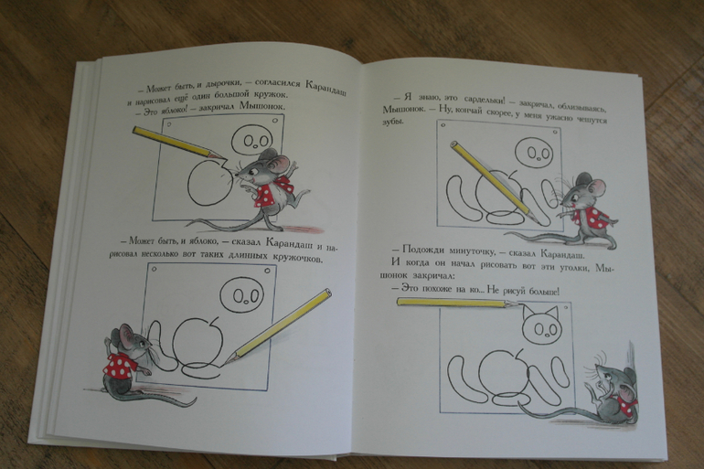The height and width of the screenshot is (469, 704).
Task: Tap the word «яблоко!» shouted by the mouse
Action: click(x=169, y=109)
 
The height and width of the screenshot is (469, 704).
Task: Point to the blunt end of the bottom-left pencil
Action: click(x=328, y=293)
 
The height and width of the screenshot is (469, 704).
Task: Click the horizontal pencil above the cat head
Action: click(x=460, y=303)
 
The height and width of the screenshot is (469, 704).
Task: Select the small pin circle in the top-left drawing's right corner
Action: click(x=274, y=122)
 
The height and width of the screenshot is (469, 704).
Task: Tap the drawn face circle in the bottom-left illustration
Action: click(x=241, y=294)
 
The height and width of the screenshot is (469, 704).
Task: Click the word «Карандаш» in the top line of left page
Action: click(x=325, y=88)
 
